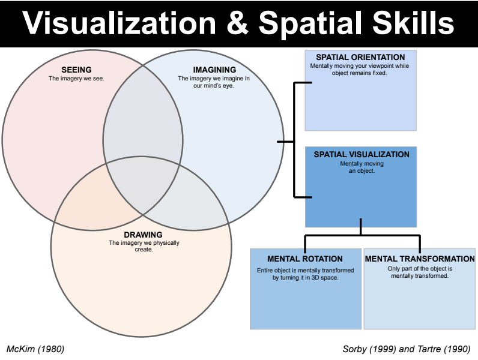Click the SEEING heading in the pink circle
pyautogui.click(x=76, y=70)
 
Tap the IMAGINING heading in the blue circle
pyautogui.click(x=206, y=70)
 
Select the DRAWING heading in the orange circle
pyautogui.click(x=143, y=234)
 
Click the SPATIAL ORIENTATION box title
pyautogui.click(x=360, y=57)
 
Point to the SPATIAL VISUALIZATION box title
pyautogui.click(x=361, y=155)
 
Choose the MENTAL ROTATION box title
pyautogui.click(x=305, y=259)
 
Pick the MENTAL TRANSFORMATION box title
pyautogui.click(x=420, y=259)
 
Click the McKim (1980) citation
pyautogui.click(x=35, y=349)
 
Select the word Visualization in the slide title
pyautogui.click(x=119, y=23)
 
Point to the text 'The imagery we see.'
pyautogui.click(x=77, y=78)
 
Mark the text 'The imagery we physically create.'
pyautogui.click(x=144, y=246)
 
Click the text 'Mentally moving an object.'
pyautogui.click(x=361, y=167)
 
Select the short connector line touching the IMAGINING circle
pyautogui.click(x=285, y=142)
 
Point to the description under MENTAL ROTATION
pyautogui.click(x=305, y=274)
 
